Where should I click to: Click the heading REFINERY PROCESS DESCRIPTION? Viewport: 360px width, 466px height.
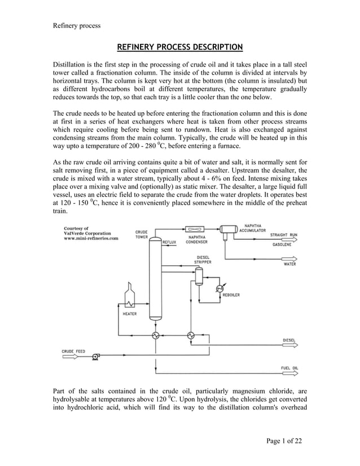click(179, 46)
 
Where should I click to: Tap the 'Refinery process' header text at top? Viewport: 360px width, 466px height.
click(76, 25)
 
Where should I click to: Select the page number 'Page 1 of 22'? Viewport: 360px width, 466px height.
click(283, 441)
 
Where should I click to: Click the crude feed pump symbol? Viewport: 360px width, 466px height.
click(96, 356)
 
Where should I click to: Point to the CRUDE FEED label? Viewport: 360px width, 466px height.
click(73, 350)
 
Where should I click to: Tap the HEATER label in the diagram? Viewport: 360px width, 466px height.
click(129, 313)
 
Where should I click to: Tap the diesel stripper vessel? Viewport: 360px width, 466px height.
click(199, 275)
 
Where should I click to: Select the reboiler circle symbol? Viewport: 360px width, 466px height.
click(219, 288)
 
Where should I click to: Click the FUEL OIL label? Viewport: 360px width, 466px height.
click(289, 368)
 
